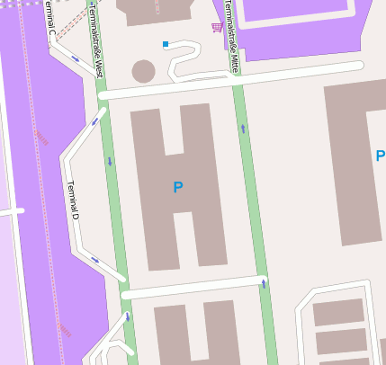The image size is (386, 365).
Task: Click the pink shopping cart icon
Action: [x=216, y=27]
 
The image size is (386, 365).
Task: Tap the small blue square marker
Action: [x=166, y=43]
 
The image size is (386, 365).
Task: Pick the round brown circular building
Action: [x=144, y=71]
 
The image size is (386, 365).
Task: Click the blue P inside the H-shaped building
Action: [x=178, y=187]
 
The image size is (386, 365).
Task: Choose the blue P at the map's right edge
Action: [x=380, y=156]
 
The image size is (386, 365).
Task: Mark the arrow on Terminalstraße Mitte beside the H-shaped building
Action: [x=243, y=129]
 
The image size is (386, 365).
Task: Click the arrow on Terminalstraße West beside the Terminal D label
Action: [x=110, y=162]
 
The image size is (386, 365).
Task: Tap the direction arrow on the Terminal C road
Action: [x=75, y=60]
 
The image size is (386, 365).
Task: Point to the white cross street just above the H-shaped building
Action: [x=225, y=79]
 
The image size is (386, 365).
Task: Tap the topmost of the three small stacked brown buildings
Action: [x=337, y=312]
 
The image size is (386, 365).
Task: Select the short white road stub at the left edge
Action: [x=11, y=212]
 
